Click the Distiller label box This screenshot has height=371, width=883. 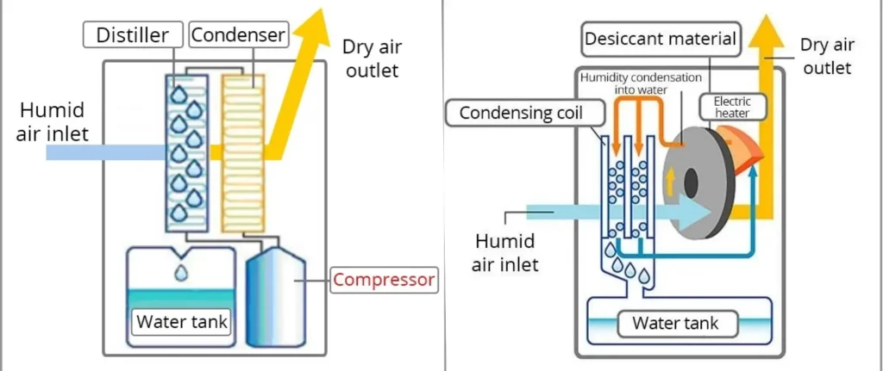(135, 35)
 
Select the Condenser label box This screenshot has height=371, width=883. (237, 35)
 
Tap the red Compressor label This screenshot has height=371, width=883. (384, 280)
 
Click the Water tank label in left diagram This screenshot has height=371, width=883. (182, 323)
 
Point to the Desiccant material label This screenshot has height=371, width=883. (661, 39)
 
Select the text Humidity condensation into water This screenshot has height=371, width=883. (640, 83)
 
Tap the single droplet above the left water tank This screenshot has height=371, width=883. (181, 272)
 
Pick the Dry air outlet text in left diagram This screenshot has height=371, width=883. (373, 59)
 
